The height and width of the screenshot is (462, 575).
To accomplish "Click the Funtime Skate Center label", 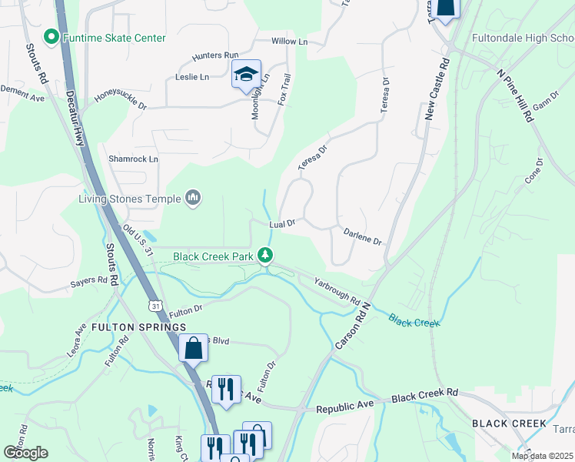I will [x=115, y=37].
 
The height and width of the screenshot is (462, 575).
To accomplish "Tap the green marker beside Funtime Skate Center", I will [x=52, y=36].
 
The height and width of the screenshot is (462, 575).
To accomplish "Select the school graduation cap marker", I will [x=246, y=75].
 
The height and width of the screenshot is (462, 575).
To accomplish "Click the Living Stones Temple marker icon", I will [x=193, y=199].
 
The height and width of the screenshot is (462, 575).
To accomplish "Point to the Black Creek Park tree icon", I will [x=265, y=255].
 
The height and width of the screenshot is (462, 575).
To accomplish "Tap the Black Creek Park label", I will [x=214, y=256].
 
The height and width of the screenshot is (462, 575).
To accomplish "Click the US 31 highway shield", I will [x=156, y=306].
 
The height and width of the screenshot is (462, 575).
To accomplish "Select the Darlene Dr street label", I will [x=363, y=236].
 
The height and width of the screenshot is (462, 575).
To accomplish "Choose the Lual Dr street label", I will [x=282, y=224].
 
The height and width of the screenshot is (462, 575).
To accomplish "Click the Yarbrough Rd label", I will [x=337, y=289].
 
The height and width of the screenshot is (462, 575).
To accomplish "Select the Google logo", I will [x=25, y=453].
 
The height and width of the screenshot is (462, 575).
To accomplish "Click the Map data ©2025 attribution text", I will [x=542, y=456].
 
